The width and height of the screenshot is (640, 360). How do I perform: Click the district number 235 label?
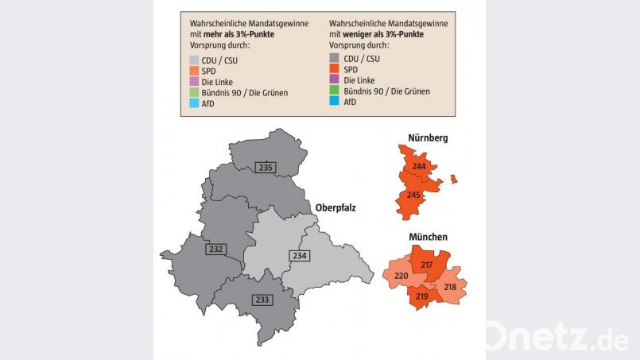(266, 167)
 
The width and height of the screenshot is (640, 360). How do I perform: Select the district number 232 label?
(215, 249)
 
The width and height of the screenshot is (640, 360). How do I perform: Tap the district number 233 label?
(262, 300)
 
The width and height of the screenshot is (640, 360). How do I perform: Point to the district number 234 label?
(299, 255)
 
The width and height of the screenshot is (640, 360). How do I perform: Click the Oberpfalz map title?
(336, 208)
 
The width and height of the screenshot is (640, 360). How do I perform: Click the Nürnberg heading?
(428, 138)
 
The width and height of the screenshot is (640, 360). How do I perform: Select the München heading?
(428, 237)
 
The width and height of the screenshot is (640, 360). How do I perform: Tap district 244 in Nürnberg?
(419, 165)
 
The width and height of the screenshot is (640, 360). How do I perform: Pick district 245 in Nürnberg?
(413, 195)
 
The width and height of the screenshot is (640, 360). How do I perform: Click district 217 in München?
(427, 265)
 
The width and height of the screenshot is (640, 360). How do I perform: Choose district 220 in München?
(401, 277)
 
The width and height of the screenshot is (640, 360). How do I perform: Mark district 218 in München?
(450, 287)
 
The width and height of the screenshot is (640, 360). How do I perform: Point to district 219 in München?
(422, 296)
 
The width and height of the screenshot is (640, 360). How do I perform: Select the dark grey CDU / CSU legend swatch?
(334, 58)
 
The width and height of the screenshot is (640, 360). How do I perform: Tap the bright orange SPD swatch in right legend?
(334, 69)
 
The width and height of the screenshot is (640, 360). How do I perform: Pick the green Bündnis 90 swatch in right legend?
(334, 92)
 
